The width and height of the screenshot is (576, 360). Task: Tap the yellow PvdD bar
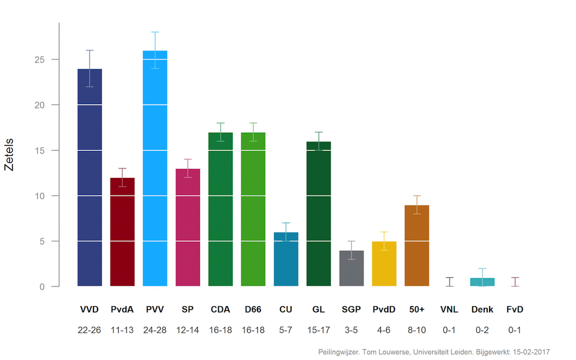384,264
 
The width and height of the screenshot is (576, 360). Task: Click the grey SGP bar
351,268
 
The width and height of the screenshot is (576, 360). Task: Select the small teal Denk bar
482,282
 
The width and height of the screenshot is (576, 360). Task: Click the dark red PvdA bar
122,232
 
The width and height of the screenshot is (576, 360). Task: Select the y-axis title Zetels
9,154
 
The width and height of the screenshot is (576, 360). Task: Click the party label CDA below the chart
220,309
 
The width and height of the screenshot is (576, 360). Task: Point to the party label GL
319,309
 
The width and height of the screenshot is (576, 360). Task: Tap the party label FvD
515,309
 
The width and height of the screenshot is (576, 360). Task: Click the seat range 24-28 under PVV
155,331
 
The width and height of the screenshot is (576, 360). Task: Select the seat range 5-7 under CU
286,331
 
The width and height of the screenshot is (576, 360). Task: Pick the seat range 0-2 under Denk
482,331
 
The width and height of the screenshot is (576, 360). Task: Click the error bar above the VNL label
450,282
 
